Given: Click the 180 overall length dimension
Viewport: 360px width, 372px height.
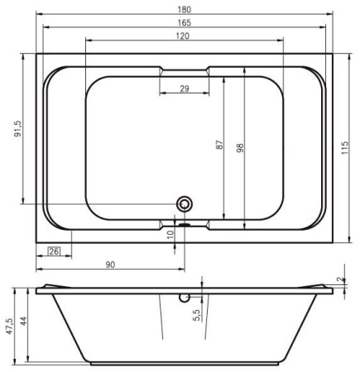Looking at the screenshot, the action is click(x=185, y=9).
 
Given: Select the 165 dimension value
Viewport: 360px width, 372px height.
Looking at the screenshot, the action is click(x=185, y=22).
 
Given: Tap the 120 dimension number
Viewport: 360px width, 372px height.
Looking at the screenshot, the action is click(x=183, y=36).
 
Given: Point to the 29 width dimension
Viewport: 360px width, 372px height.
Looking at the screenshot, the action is click(x=185, y=88).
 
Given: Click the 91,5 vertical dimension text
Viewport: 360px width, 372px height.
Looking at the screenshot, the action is click(x=18, y=129).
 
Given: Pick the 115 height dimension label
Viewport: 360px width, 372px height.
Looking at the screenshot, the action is click(x=345, y=148).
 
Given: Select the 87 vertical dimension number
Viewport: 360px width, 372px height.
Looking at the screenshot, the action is click(x=218, y=145).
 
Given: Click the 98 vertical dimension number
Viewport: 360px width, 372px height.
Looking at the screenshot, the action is click(x=240, y=148).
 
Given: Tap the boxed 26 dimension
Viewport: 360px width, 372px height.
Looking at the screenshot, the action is click(x=54, y=251).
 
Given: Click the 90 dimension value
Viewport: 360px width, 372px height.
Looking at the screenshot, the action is click(x=110, y=265).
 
